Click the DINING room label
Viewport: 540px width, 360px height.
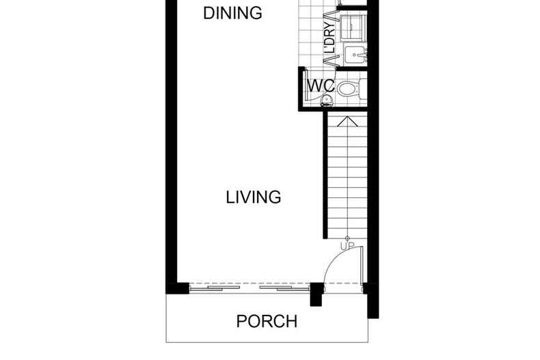coord(233,13)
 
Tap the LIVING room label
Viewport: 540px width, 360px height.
coord(254,197)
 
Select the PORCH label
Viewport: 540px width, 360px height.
coord(267,320)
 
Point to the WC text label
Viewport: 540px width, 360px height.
coord(320,87)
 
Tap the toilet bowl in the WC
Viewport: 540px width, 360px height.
coord(347,87)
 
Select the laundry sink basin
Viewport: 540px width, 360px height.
coord(354,53)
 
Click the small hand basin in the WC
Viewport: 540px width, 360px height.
coord(327,101)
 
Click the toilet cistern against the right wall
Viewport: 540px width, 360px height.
coord(363,87)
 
